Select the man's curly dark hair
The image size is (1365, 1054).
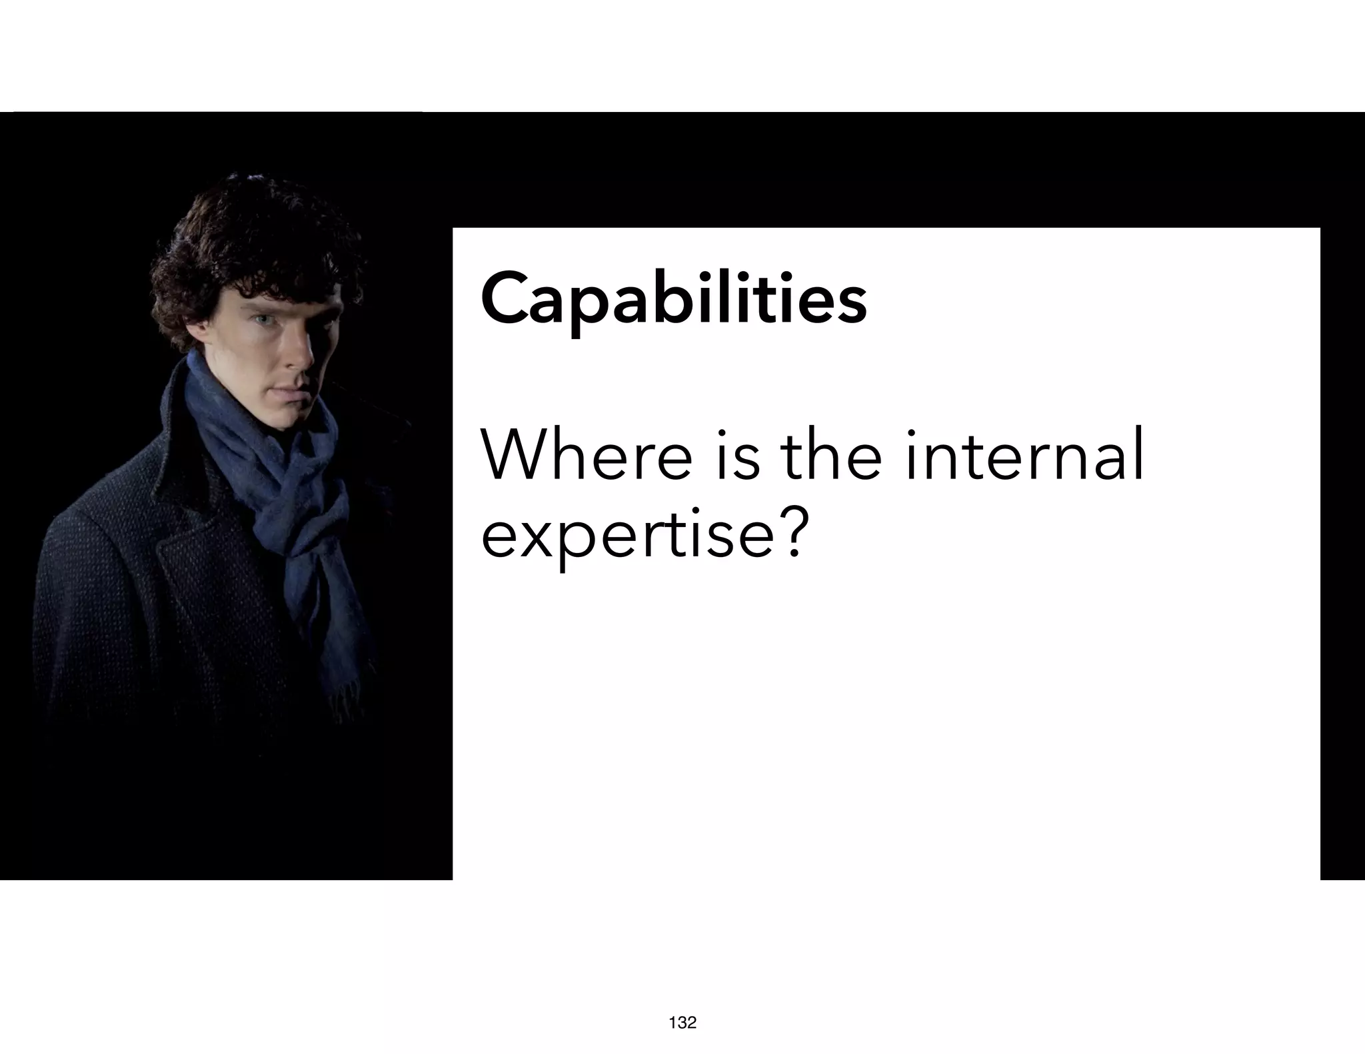click(253, 240)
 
